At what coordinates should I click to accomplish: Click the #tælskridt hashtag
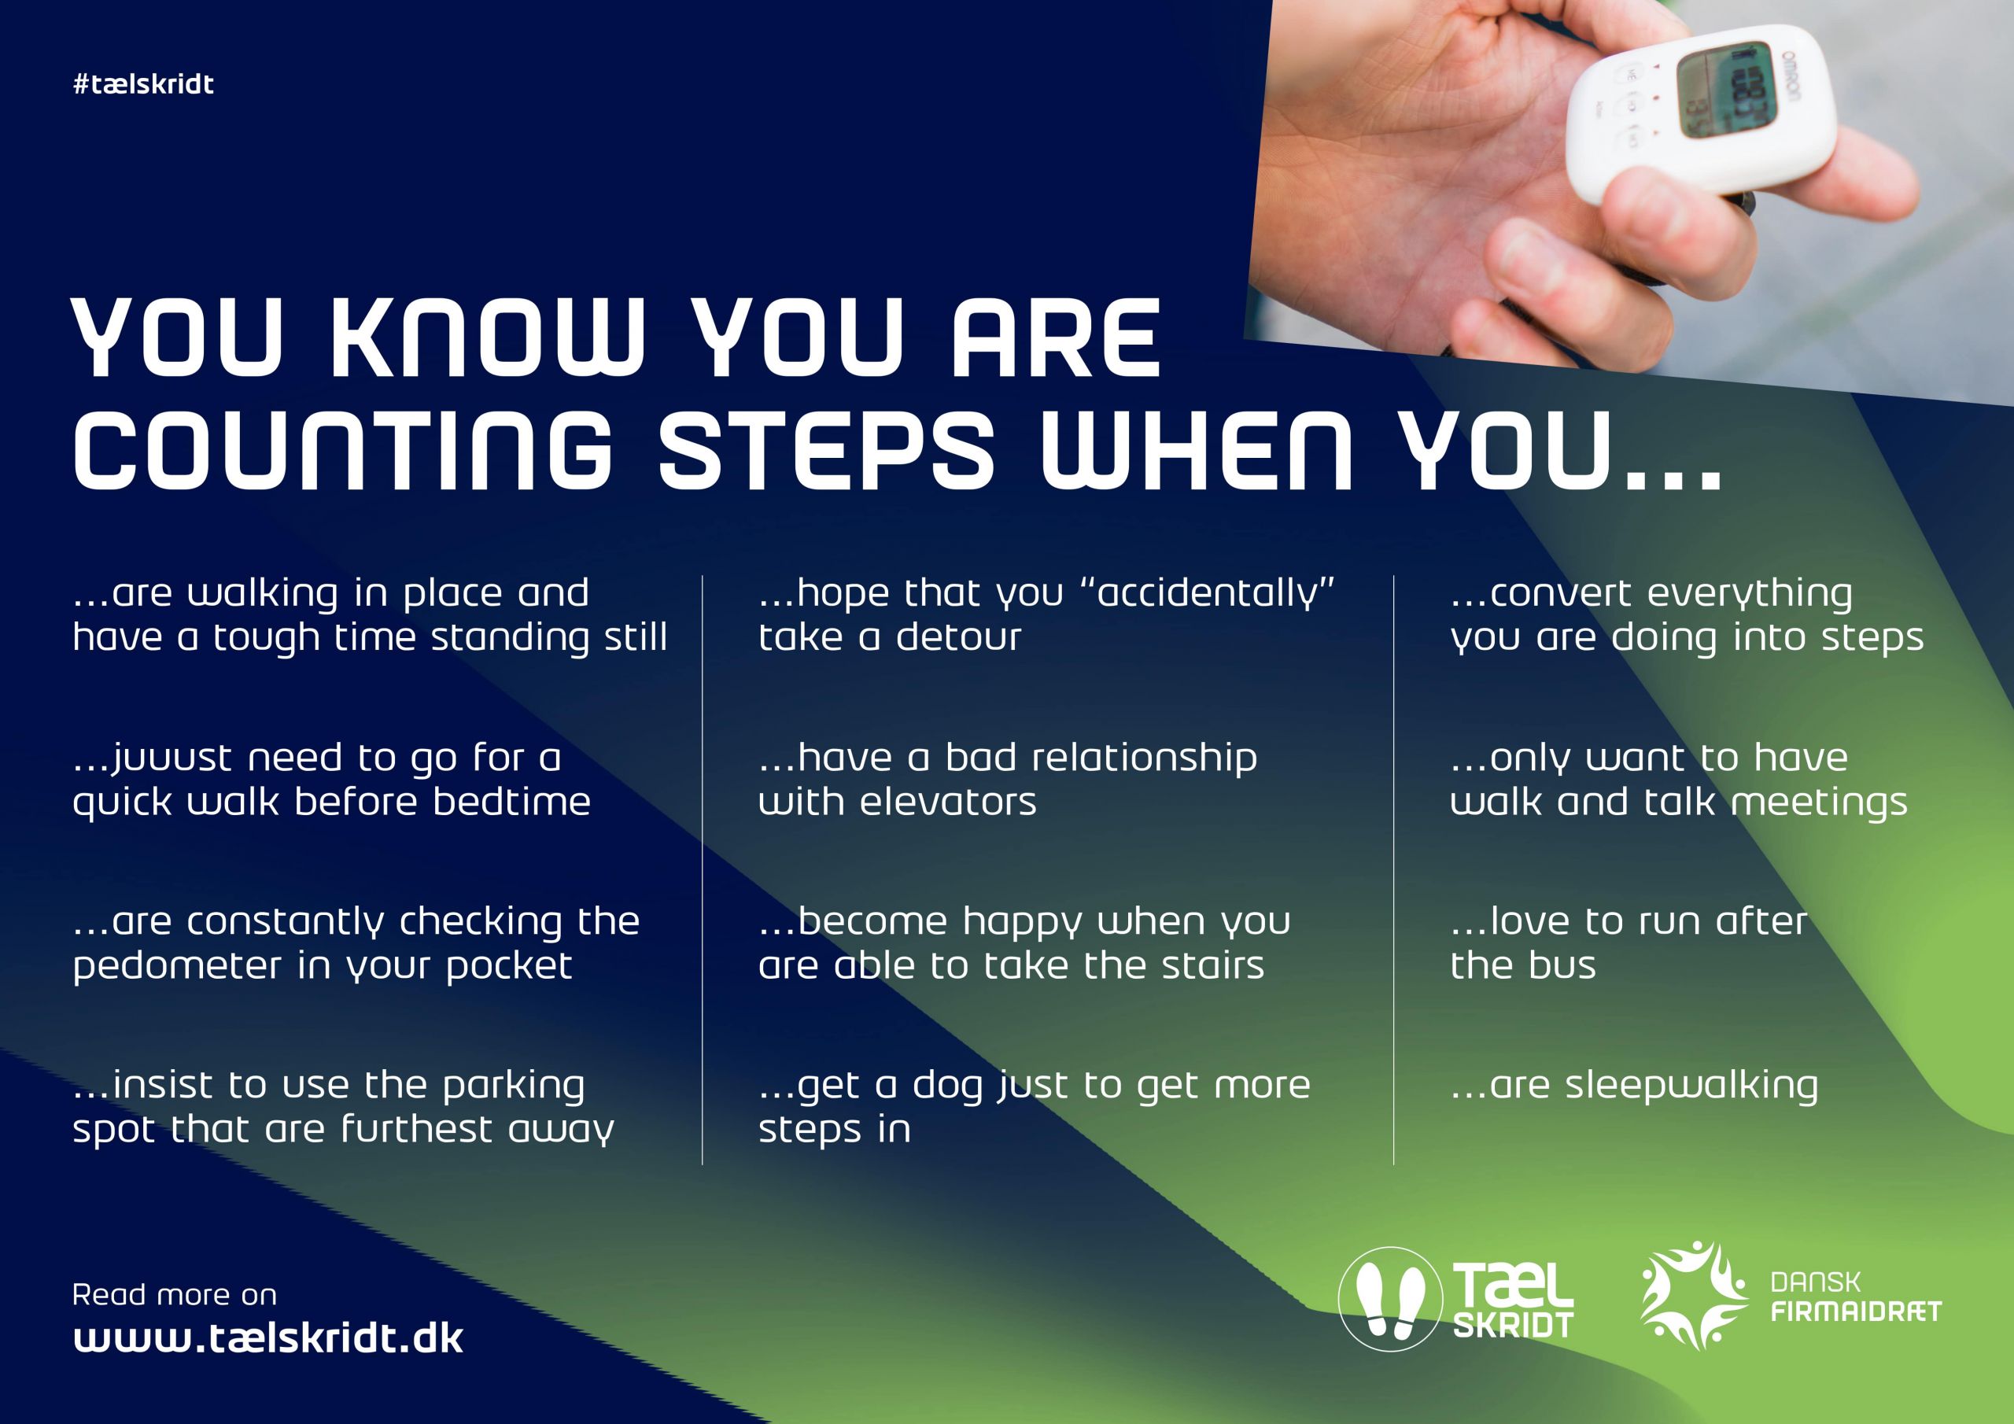click(144, 84)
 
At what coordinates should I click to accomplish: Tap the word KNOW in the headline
click(489, 338)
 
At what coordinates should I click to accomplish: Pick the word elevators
click(948, 802)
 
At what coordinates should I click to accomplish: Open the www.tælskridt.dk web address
click(268, 1339)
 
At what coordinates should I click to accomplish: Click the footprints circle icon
click(1390, 1300)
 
